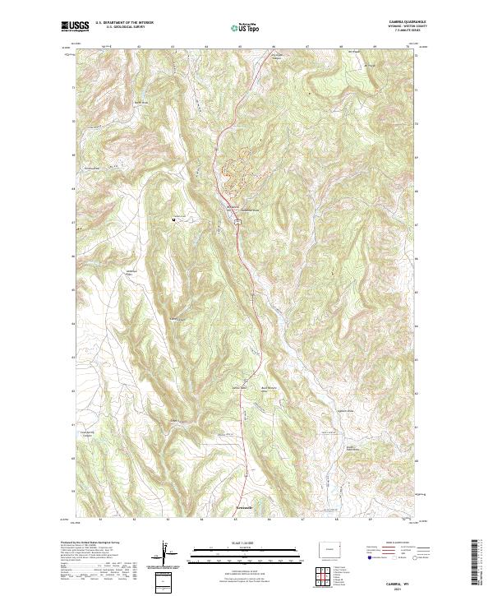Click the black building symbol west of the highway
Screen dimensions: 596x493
[174, 219]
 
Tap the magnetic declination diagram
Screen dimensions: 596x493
[170, 554]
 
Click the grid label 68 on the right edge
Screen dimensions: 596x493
[418, 189]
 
